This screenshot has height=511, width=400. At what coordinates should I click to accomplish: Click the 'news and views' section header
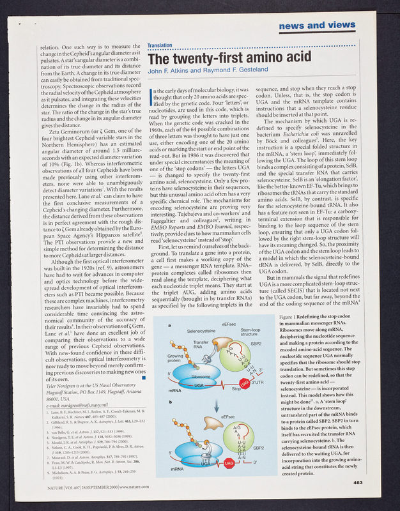pyautogui.click(x=317, y=25)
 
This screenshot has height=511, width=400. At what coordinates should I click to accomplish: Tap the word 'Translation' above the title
pyautogui.click(x=160, y=46)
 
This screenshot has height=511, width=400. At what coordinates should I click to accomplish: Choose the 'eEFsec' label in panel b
pyautogui.click(x=228, y=417)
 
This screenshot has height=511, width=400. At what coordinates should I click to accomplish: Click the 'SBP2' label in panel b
pyautogui.click(x=258, y=448)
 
